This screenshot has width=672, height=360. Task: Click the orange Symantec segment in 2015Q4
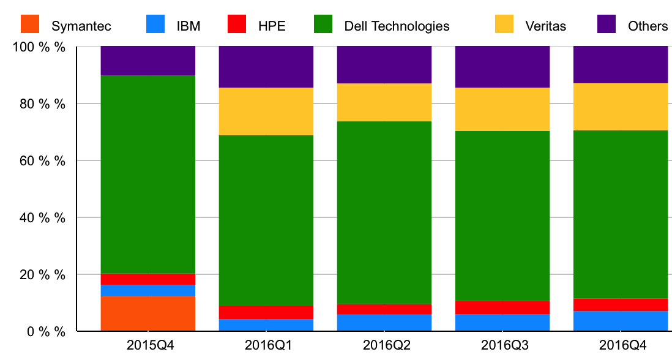click(x=147, y=313)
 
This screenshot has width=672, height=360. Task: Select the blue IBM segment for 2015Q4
click(x=147, y=290)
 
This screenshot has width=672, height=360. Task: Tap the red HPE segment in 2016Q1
click(x=266, y=312)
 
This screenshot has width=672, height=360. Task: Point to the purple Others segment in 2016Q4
click(x=620, y=64)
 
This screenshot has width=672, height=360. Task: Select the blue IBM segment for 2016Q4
click(x=620, y=321)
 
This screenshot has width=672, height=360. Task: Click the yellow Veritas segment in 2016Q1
click(x=266, y=111)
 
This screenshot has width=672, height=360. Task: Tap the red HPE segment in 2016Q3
click(x=502, y=307)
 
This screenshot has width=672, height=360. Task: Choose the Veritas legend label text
click(x=545, y=26)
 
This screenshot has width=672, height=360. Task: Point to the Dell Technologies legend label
click(x=397, y=26)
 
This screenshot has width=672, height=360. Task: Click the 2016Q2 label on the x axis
click(x=384, y=344)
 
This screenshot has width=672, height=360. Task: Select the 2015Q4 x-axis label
click(x=147, y=344)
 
